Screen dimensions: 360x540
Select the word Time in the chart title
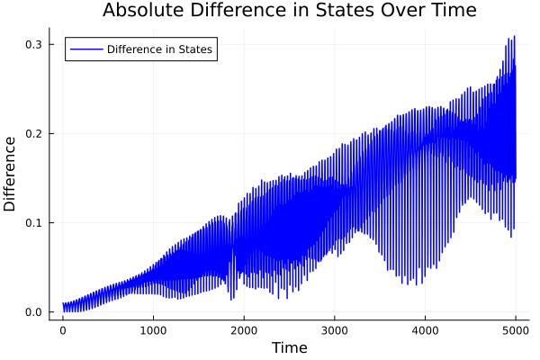coord(450,11)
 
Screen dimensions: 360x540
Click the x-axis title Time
coord(289,347)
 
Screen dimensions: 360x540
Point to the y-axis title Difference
coord(11,174)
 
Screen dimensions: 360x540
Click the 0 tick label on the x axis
coord(62,330)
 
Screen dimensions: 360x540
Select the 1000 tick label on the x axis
coord(153,330)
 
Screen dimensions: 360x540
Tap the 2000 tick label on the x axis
coord(244,330)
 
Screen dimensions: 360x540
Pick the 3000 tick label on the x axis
coord(334,330)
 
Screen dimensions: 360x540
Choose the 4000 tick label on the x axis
coord(425,330)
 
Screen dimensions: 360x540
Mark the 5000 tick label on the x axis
coord(515,330)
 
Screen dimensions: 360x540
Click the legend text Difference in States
coord(159,49)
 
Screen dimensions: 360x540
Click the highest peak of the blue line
coord(515,37)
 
